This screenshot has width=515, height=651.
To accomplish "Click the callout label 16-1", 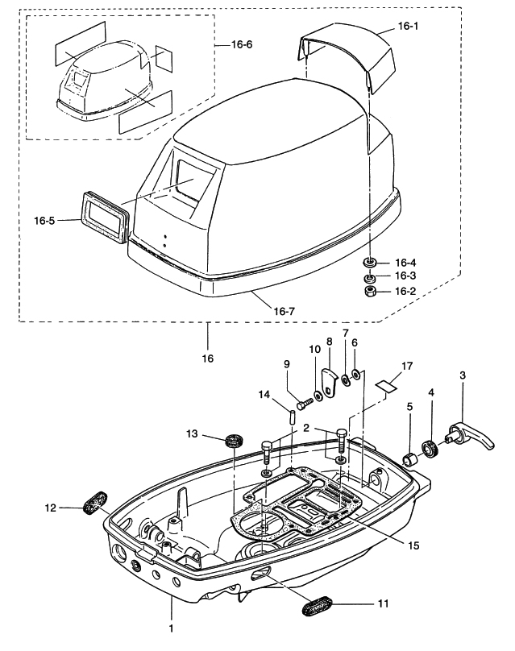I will pyautogui.click(x=409, y=27).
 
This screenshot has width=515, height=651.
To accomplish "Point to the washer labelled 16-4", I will pyautogui.click(x=370, y=263).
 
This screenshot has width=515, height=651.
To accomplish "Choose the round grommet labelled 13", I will pyautogui.click(x=235, y=440).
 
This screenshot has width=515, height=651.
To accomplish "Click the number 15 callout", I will pyautogui.click(x=413, y=545).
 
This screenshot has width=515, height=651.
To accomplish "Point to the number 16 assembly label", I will pyautogui.click(x=208, y=357).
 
